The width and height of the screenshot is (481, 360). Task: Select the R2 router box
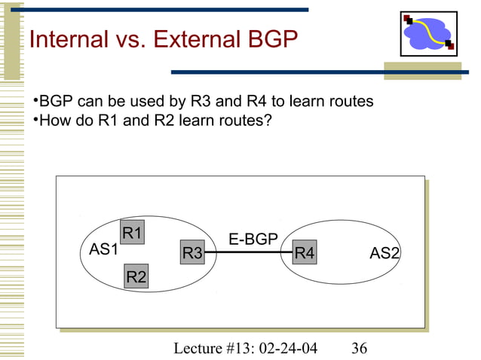(136, 277)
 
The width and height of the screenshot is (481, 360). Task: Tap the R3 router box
(192, 253)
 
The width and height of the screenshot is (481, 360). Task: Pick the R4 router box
(304, 253)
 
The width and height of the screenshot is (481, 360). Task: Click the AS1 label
(103, 249)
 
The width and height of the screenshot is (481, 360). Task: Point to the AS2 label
(384, 254)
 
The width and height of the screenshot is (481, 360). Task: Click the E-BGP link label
(253, 239)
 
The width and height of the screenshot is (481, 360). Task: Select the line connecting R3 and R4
(248, 254)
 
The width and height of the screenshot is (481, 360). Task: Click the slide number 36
(359, 347)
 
